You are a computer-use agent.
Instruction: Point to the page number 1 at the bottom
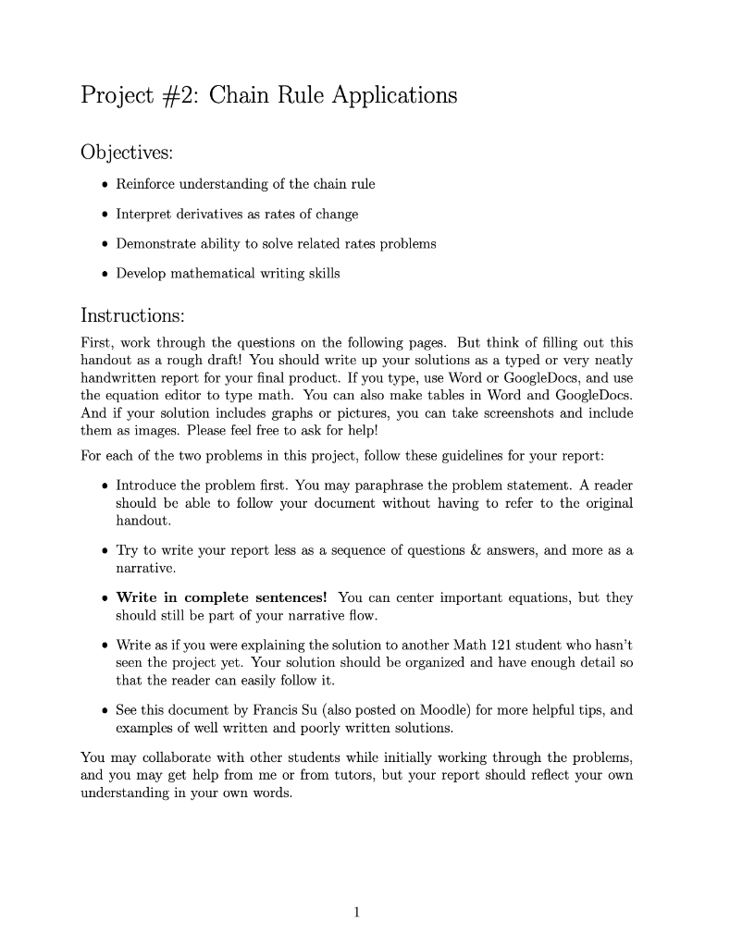tap(356, 912)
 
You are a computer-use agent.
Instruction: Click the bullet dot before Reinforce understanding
tap(104, 184)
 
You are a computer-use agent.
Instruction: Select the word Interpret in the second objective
tap(143, 215)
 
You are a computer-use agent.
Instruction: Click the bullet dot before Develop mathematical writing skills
tap(104, 275)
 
